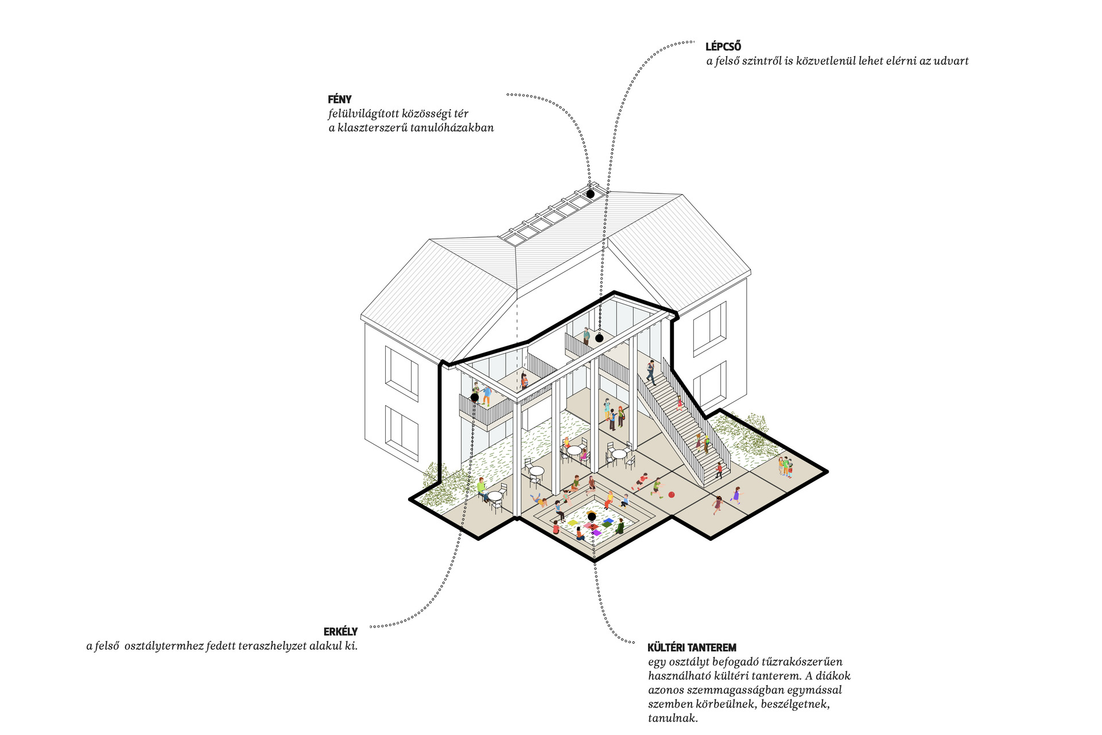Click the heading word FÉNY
[340, 99]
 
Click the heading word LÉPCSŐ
[723, 47]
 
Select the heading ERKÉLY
[340, 632]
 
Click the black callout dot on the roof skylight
[590, 194]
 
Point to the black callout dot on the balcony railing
[475, 397]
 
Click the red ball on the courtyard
[671, 494]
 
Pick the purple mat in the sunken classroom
[596, 532]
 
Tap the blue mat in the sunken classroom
[608, 521]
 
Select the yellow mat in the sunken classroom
[573, 523]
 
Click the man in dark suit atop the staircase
[651, 372]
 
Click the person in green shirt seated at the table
[482, 489]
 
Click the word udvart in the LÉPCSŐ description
[950, 61]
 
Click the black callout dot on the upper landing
[599, 338]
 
